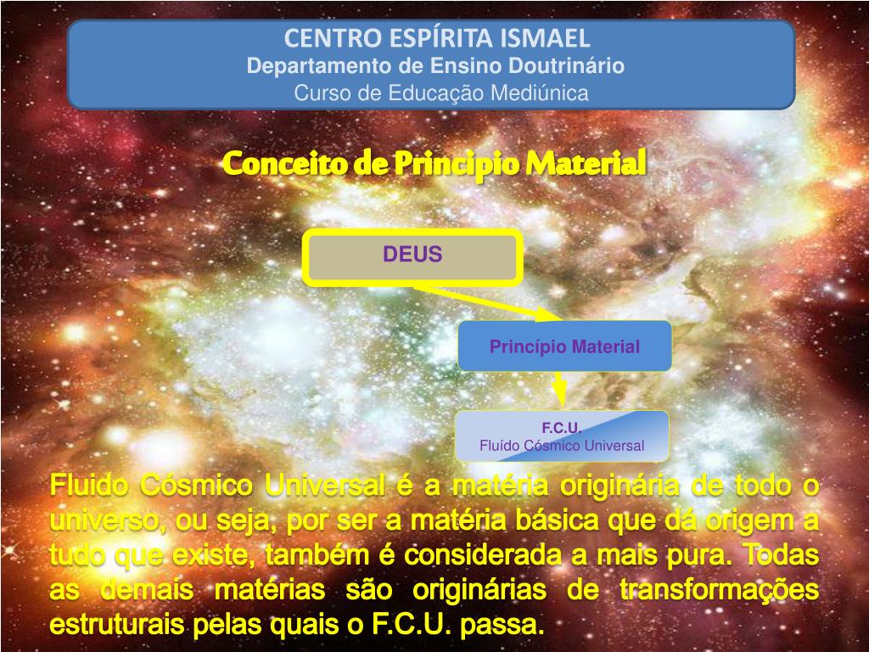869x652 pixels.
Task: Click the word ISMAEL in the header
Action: click(x=545, y=38)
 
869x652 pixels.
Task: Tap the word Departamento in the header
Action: click(x=319, y=65)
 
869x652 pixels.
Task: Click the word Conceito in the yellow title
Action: click(x=285, y=164)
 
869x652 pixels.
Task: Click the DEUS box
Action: click(x=412, y=257)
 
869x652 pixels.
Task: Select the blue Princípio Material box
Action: click(x=564, y=346)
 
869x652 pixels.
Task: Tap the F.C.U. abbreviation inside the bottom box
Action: click(x=562, y=428)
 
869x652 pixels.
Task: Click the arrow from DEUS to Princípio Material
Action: click(x=486, y=303)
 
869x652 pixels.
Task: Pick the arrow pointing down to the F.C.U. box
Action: click(x=560, y=389)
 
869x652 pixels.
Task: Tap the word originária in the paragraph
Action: click(x=619, y=486)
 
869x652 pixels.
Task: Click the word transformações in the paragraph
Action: click(x=720, y=590)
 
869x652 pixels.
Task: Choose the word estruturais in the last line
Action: click(x=116, y=624)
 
